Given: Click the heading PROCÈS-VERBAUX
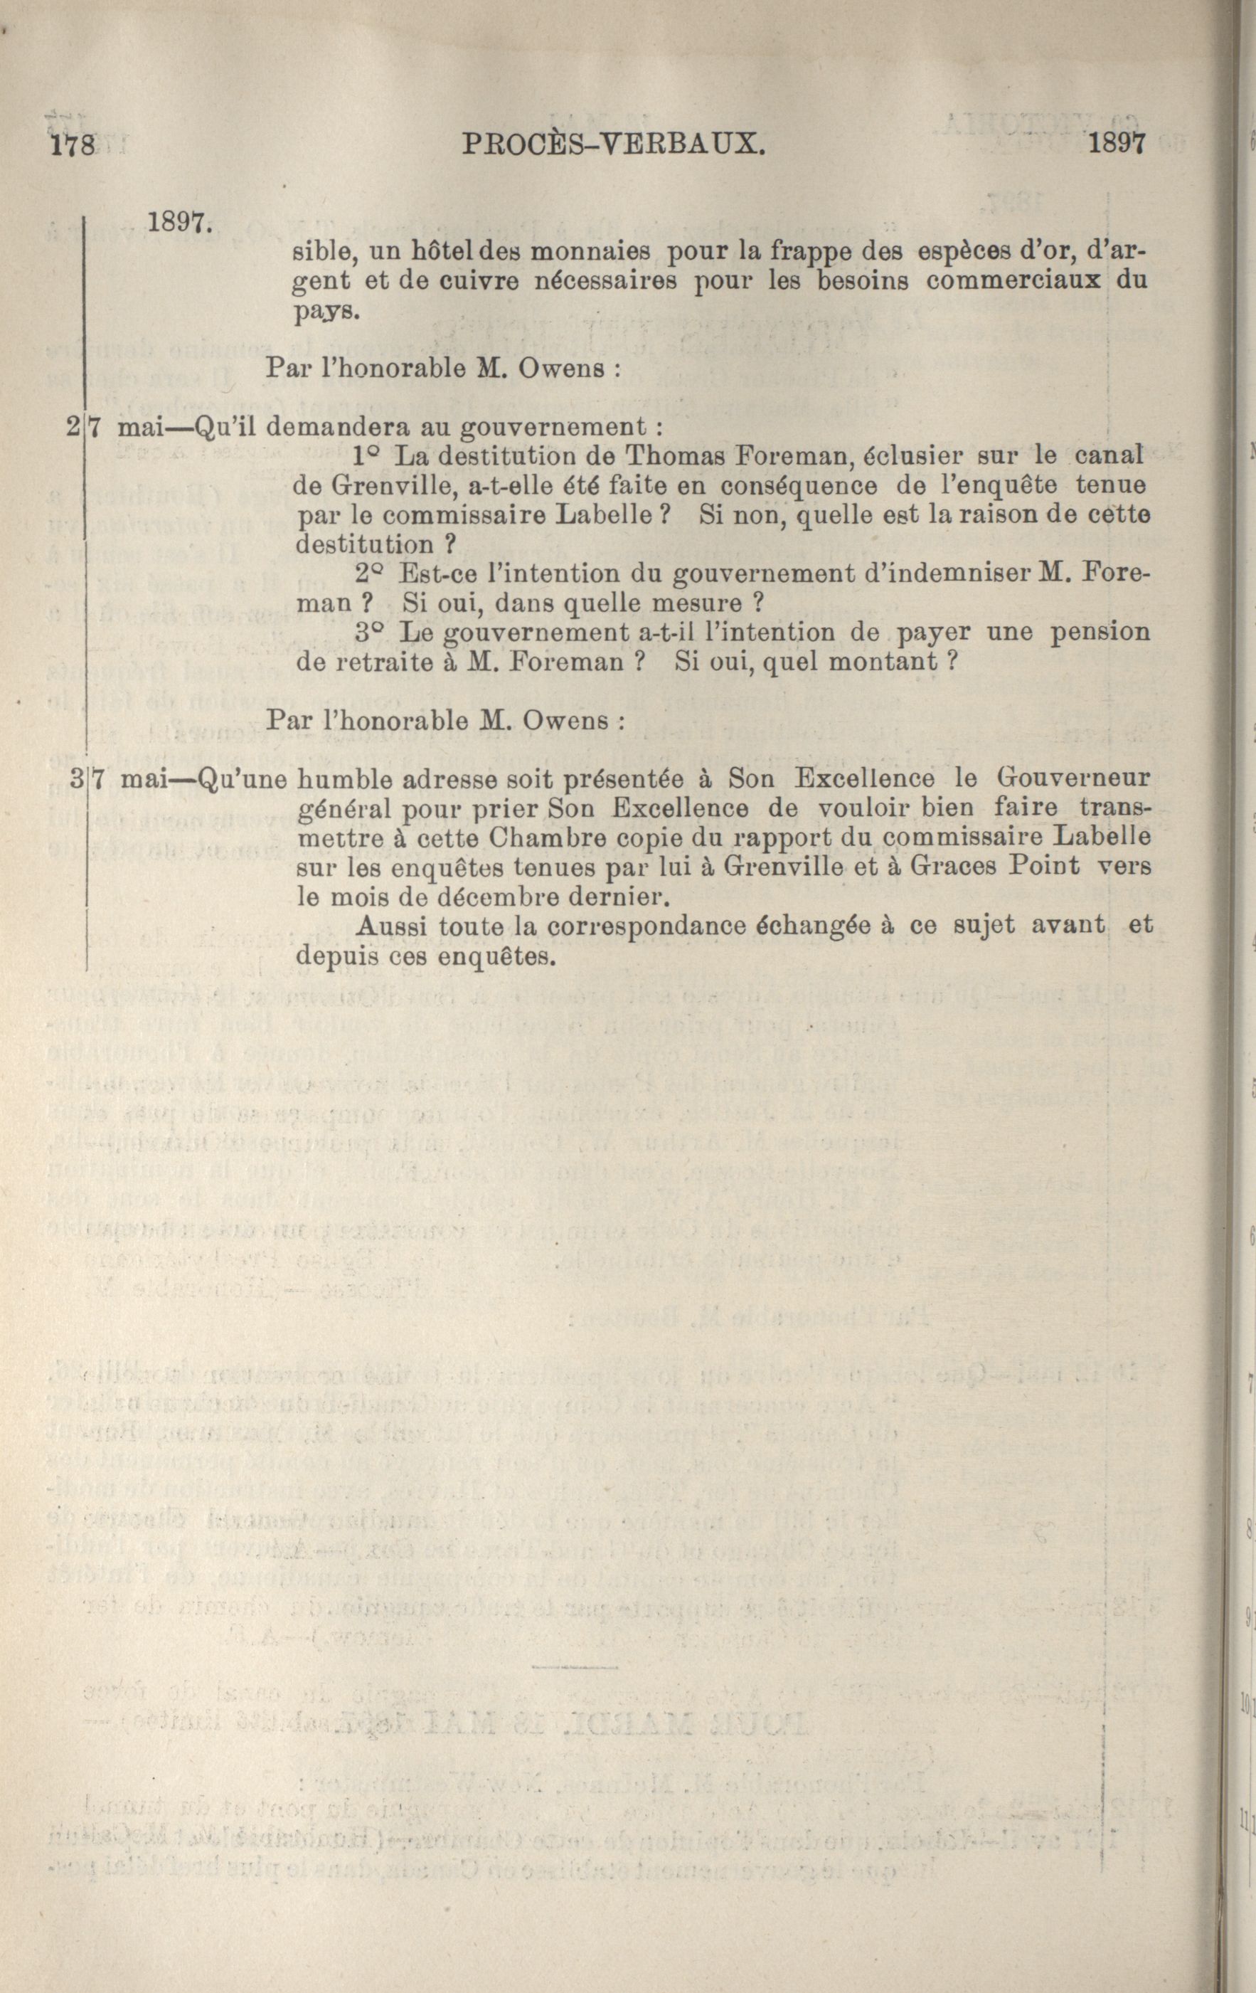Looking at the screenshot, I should click(612, 146).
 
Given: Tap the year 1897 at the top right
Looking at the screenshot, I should click(1118, 144).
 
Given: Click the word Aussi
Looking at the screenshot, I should click(390, 925).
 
